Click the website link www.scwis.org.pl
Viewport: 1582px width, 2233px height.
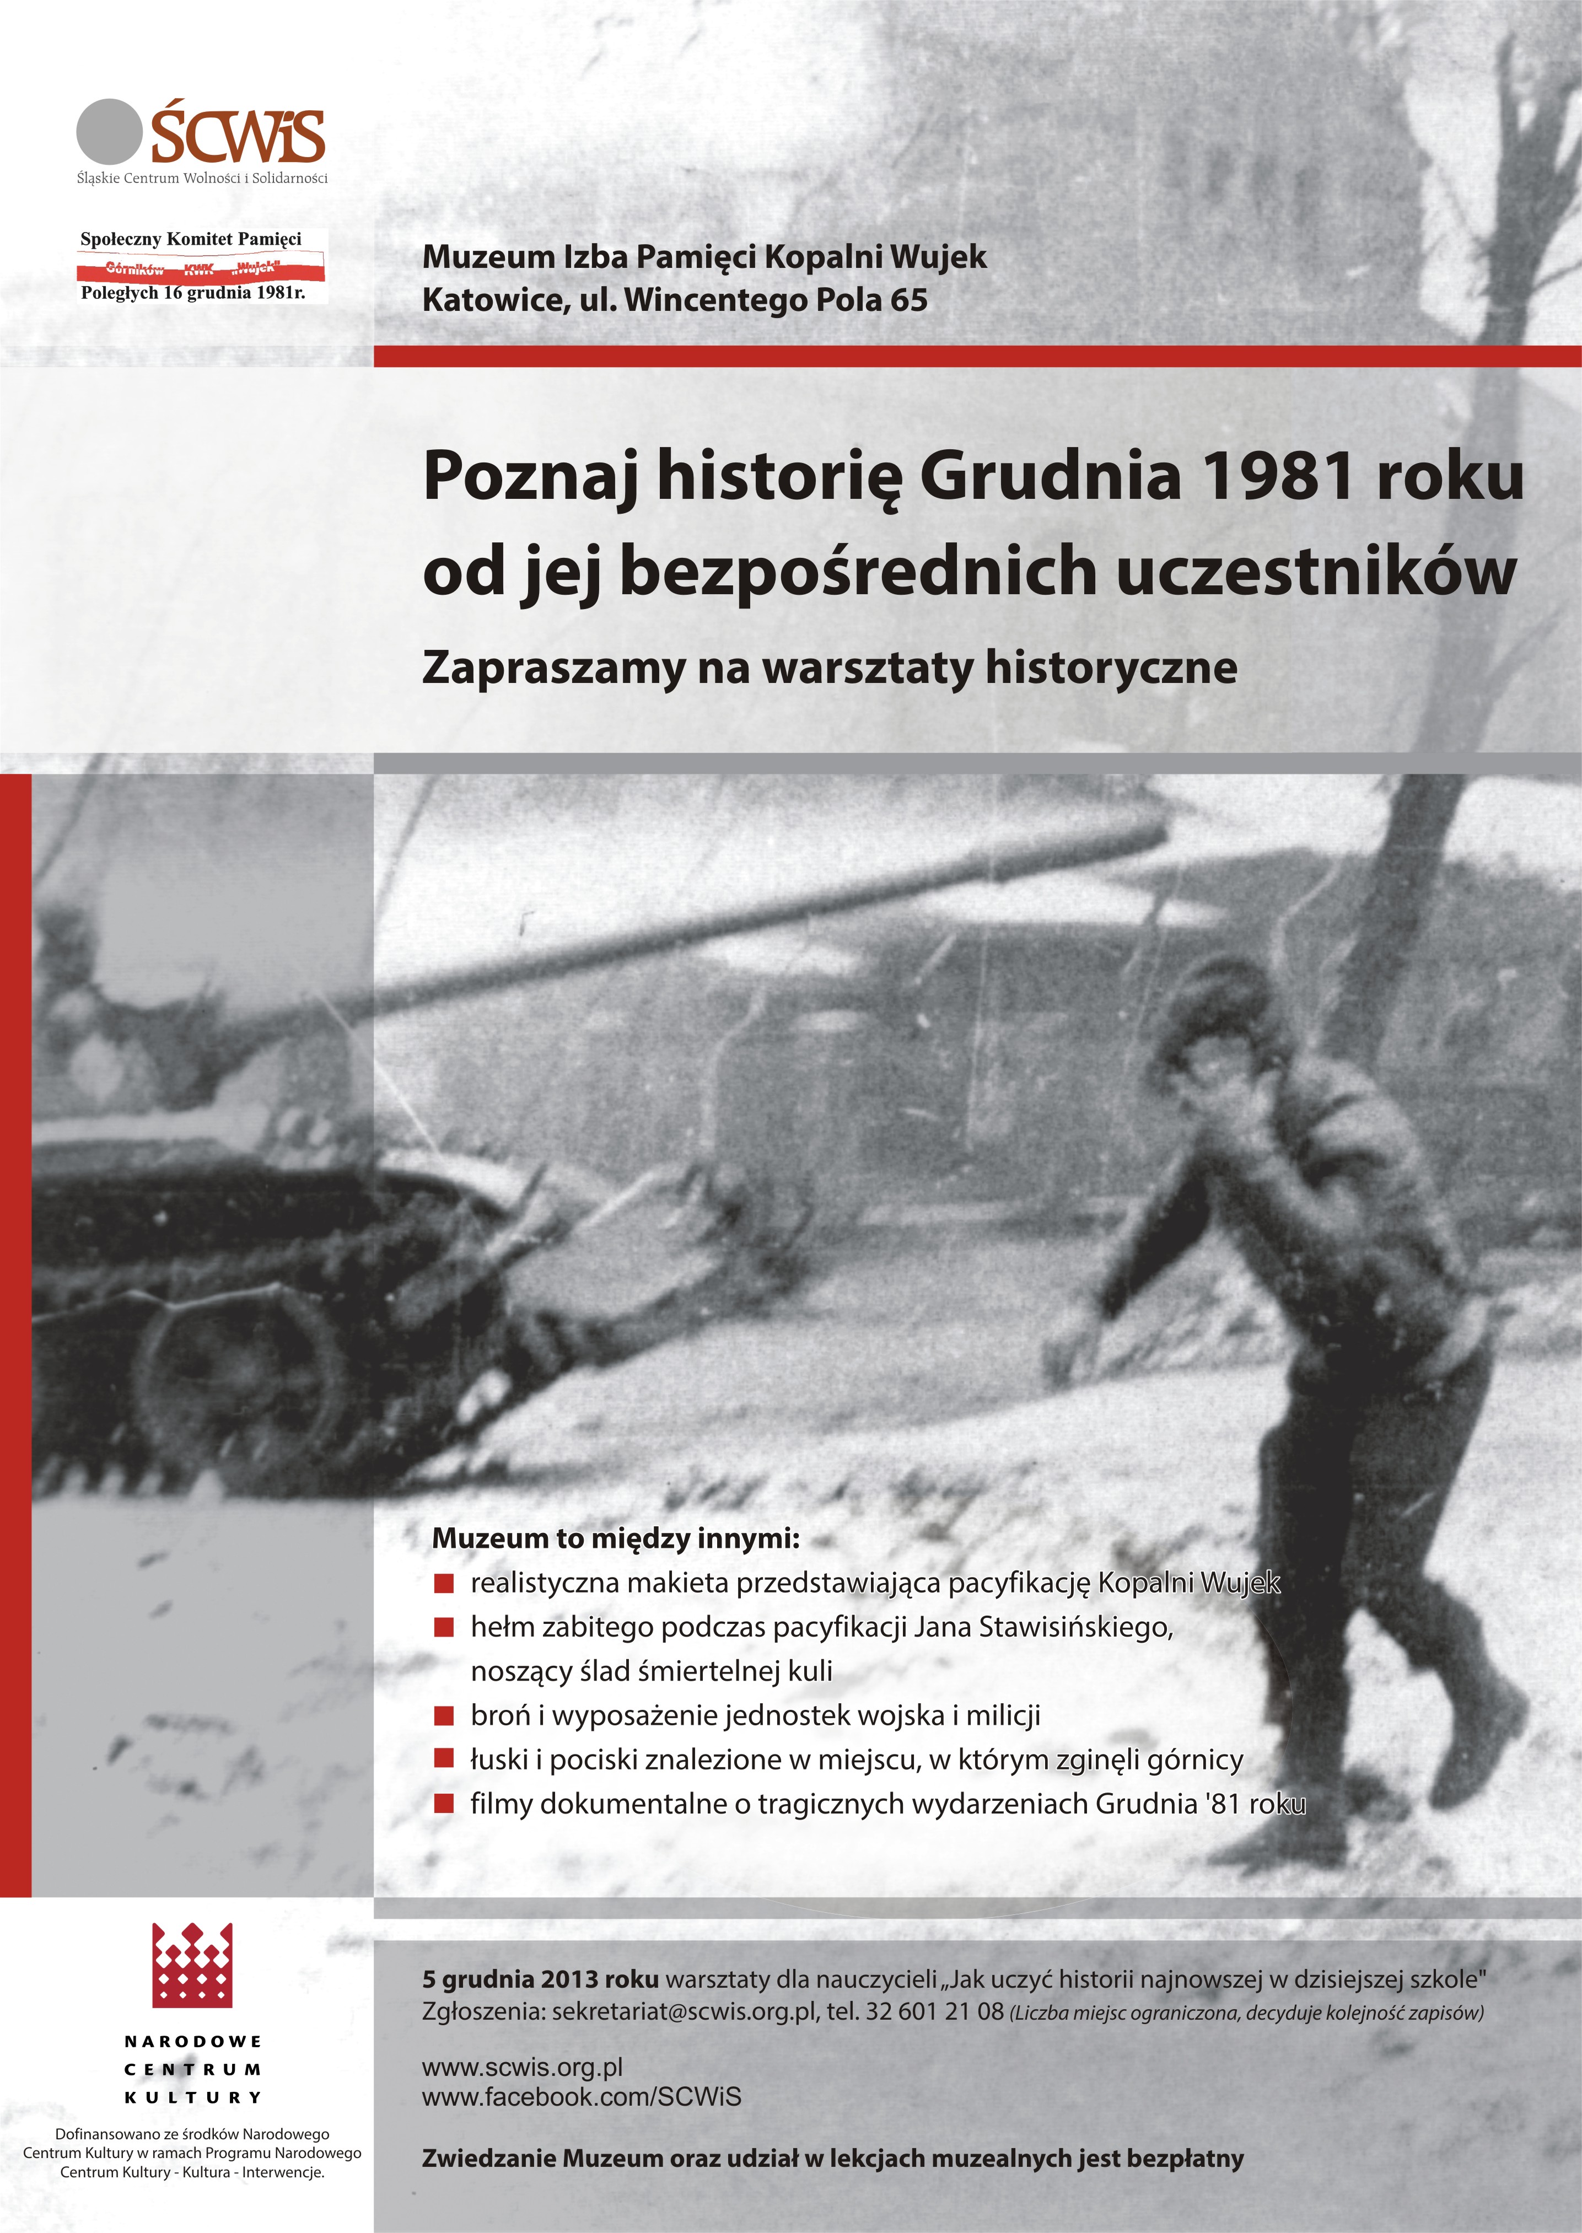pos(522,2067)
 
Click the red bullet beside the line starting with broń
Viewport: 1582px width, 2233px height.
pos(444,1715)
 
